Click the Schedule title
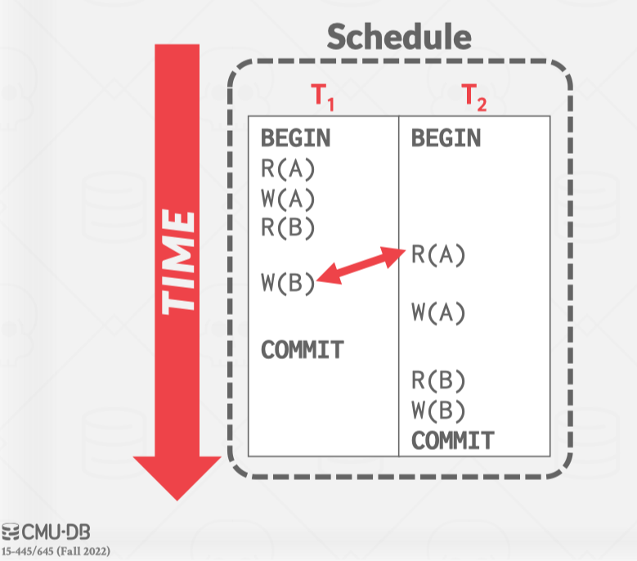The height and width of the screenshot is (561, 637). (399, 38)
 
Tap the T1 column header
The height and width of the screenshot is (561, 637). (324, 97)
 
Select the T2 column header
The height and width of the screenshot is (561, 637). (474, 97)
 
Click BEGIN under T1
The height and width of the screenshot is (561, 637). (295, 137)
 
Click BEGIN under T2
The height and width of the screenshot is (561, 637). (446, 137)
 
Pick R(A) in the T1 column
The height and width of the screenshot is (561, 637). (288, 169)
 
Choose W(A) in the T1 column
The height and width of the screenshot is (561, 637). (288, 198)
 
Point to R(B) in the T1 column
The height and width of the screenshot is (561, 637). (288, 227)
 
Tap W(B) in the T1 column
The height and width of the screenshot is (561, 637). (288, 284)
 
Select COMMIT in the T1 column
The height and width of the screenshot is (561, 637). (302, 350)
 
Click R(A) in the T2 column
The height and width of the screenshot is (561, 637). (438, 255)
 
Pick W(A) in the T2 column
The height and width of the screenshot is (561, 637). (438, 312)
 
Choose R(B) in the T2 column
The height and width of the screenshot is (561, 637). (438, 379)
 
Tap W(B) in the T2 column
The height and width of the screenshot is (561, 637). (438, 409)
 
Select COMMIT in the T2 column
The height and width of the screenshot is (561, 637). (452, 441)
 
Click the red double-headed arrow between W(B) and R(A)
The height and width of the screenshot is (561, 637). (361, 267)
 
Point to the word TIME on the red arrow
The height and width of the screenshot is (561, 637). (178, 262)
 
